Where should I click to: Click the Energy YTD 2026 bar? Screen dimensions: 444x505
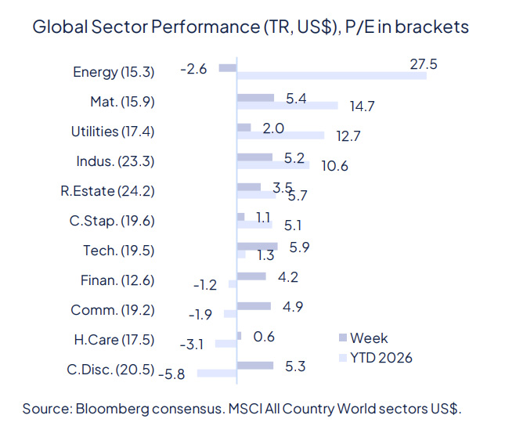click(x=331, y=76)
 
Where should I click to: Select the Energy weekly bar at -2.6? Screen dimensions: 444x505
click(x=227, y=68)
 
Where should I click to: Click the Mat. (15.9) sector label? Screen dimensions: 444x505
click(x=122, y=101)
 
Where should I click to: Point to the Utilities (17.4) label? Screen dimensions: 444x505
click(x=113, y=131)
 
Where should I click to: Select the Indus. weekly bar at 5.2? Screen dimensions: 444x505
click(x=254, y=157)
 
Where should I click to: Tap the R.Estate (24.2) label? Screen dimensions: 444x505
click(x=108, y=190)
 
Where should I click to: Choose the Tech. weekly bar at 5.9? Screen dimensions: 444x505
click(x=257, y=246)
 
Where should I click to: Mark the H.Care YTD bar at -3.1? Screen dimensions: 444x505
click(x=225, y=344)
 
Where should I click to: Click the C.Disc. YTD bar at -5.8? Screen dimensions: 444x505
click(x=217, y=374)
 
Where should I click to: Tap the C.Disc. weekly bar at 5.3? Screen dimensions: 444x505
click(x=254, y=365)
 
